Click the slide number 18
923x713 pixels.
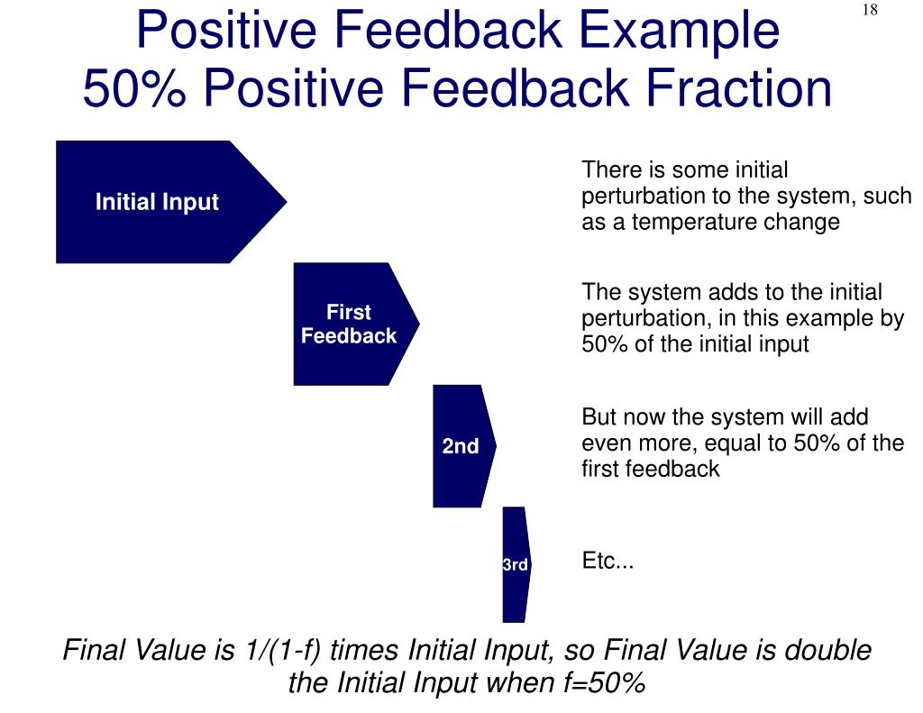(870, 10)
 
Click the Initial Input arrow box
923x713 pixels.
(170, 201)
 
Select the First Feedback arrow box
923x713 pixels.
(356, 324)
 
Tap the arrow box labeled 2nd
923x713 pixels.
(464, 445)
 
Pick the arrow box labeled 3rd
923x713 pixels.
(516, 564)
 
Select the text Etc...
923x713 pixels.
(608, 560)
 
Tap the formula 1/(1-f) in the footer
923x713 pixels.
(278, 650)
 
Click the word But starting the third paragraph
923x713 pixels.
(599, 416)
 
